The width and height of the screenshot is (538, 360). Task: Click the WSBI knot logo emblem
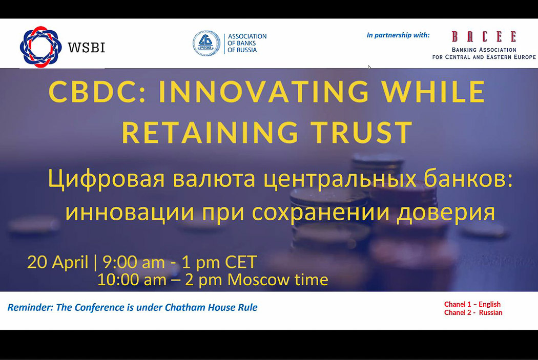coord(40,47)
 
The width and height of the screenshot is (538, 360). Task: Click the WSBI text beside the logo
coord(87,47)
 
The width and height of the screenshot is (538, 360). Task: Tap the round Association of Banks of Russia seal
coord(206,44)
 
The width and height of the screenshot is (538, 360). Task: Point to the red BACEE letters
coord(484,36)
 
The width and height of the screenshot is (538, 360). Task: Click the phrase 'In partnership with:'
coord(398,35)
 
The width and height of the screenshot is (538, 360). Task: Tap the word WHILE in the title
coord(433,92)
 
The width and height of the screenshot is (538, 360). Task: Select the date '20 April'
coord(57,262)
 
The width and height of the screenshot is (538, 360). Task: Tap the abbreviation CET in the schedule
coord(241,262)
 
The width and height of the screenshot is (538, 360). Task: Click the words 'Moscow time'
coord(278,280)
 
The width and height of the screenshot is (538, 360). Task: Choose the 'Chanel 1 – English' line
coord(472,304)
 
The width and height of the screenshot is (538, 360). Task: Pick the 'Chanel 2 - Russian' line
coord(473,312)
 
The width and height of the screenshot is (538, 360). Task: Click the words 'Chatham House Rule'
coord(211,307)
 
